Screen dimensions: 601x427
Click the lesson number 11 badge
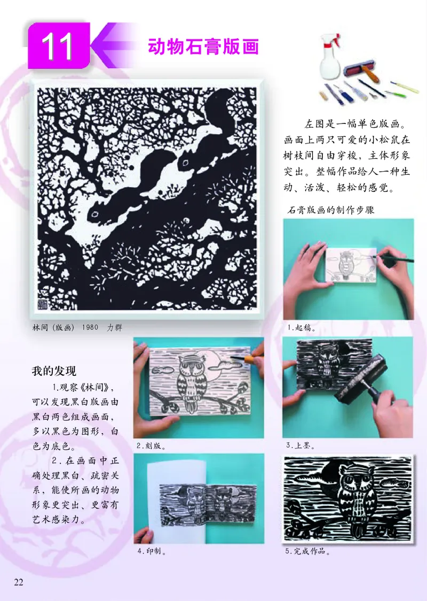point(58,47)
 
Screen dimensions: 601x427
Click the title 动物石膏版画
point(203,47)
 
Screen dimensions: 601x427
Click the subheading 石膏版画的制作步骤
point(331,210)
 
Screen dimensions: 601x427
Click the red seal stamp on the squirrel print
point(42,303)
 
